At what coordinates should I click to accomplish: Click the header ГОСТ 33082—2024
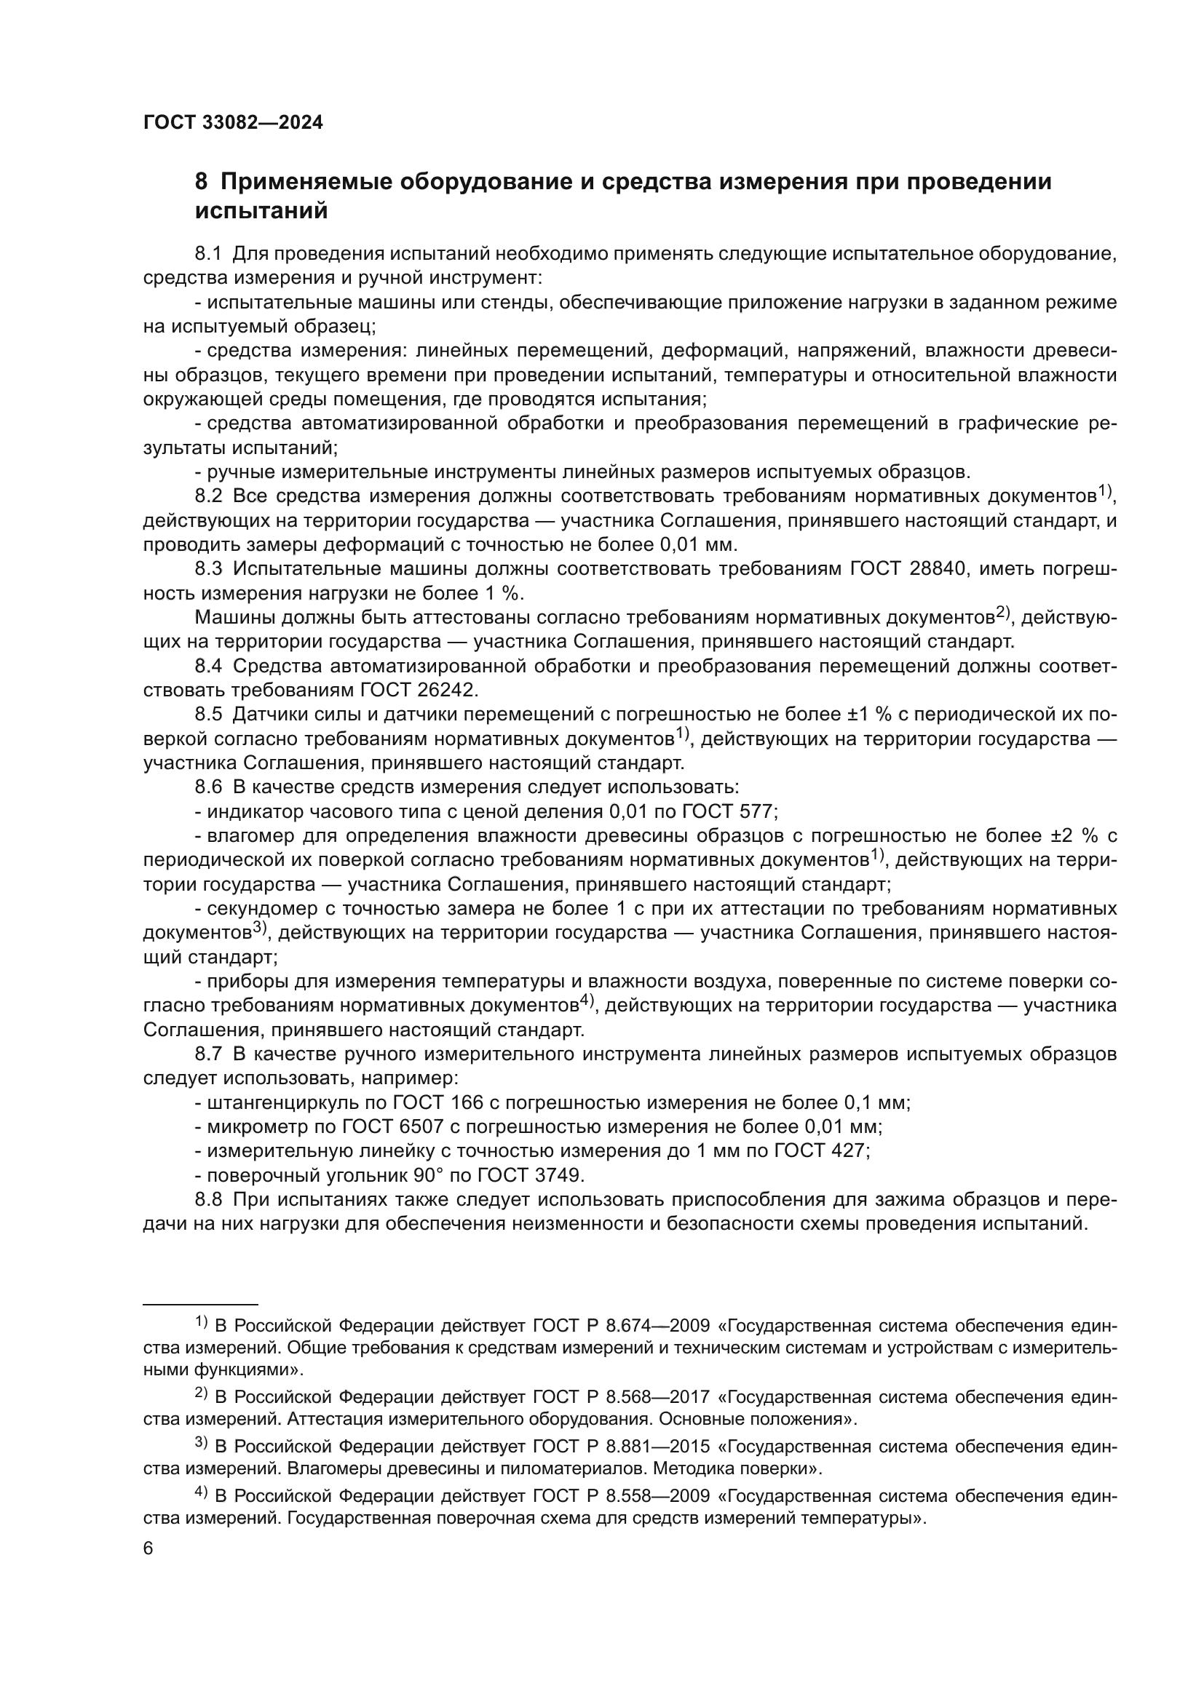(233, 123)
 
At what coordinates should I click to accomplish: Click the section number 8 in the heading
(201, 182)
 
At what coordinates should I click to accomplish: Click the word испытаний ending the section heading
(261, 211)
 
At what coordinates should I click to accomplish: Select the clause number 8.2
(208, 496)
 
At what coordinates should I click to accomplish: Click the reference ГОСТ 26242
(416, 690)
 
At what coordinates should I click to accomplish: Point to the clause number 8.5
(208, 715)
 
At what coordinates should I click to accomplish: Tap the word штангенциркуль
(274, 1103)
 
